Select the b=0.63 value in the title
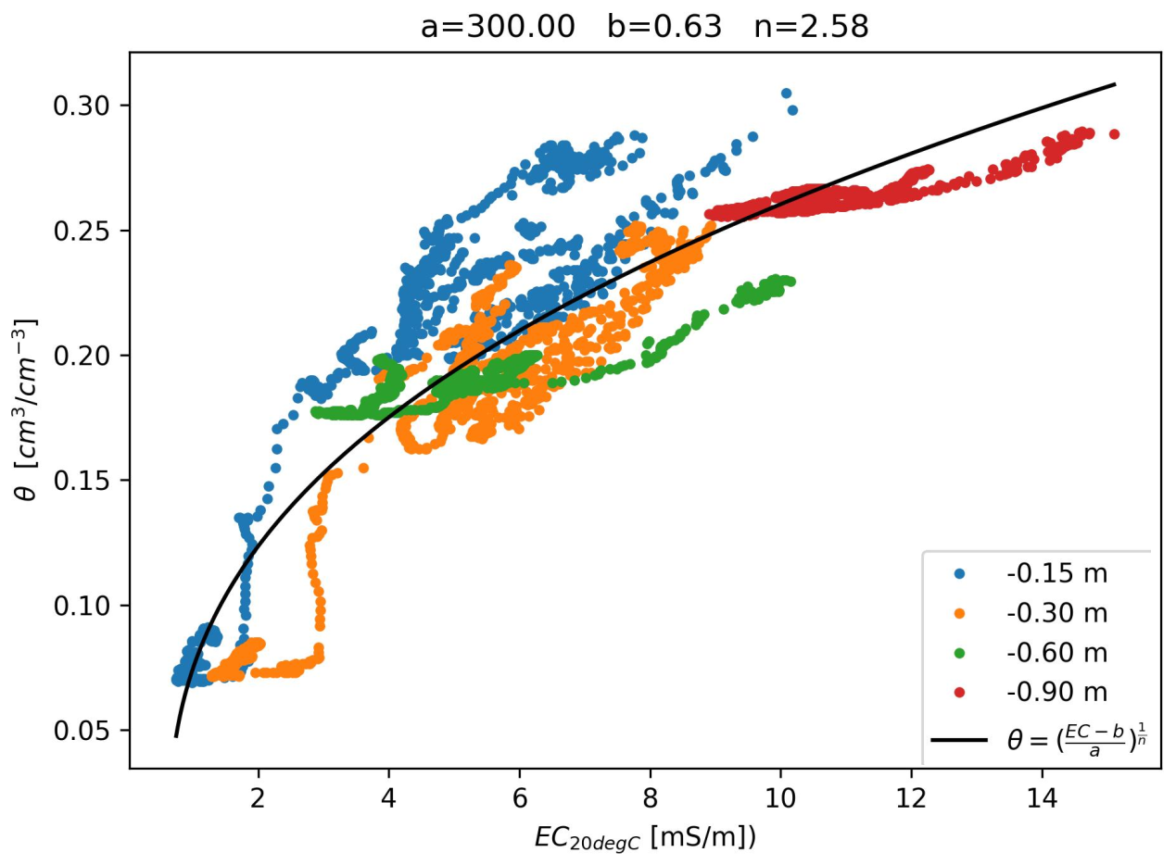pos(664,27)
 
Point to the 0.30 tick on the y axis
pos(94,106)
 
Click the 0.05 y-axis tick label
pos(94,731)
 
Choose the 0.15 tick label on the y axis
pos(94,481)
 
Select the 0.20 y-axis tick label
pos(94,356)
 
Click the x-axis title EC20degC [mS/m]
pos(645,838)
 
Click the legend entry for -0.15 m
pos(1056,574)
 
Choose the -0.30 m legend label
pos(1056,613)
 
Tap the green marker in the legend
pos(959,653)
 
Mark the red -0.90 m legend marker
pos(959,692)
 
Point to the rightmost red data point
pos(1114,134)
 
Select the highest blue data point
pos(786,94)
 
